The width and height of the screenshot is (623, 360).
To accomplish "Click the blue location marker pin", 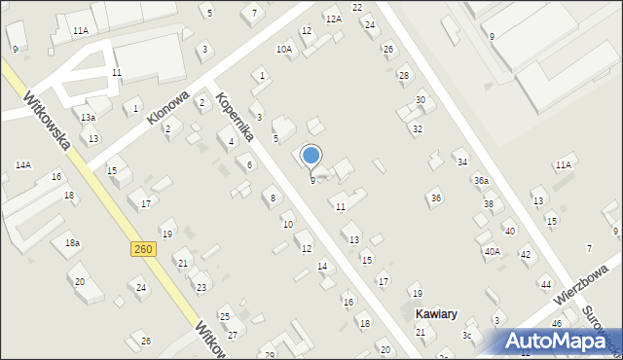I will pyautogui.click(x=311, y=156).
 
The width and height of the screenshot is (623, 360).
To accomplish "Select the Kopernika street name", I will pyautogui.click(x=235, y=117).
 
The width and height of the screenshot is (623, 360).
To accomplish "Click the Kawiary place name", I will pyautogui.click(x=435, y=314).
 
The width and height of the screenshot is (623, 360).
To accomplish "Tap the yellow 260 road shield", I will pyautogui.click(x=142, y=250).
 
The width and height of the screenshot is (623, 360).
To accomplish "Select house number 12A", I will pyautogui.click(x=334, y=19).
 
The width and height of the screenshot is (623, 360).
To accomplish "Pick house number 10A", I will pyautogui.click(x=284, y=49).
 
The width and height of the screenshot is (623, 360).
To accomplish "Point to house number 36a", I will pyautogui.click(x=481, y=181).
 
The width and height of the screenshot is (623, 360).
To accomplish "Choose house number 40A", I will pyautogui.click(x=492, y=251).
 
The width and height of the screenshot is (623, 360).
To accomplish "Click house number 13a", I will pyautogui.click(x=89, y=117).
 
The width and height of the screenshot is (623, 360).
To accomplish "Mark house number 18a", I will pyautogui.click(x=72, y=242).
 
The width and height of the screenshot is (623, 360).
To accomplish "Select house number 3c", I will pyautogui.click(x=466, y=336).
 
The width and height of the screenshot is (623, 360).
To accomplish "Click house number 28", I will pyautogui.click(x=403, y=75).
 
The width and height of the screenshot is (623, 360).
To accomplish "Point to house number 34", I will pyautogui.click(x=462, y=162).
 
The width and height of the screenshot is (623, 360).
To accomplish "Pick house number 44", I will pyautogui.click(x=545, y=284).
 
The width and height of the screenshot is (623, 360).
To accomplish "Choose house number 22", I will pyautogui.click(x=357, y=7).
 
